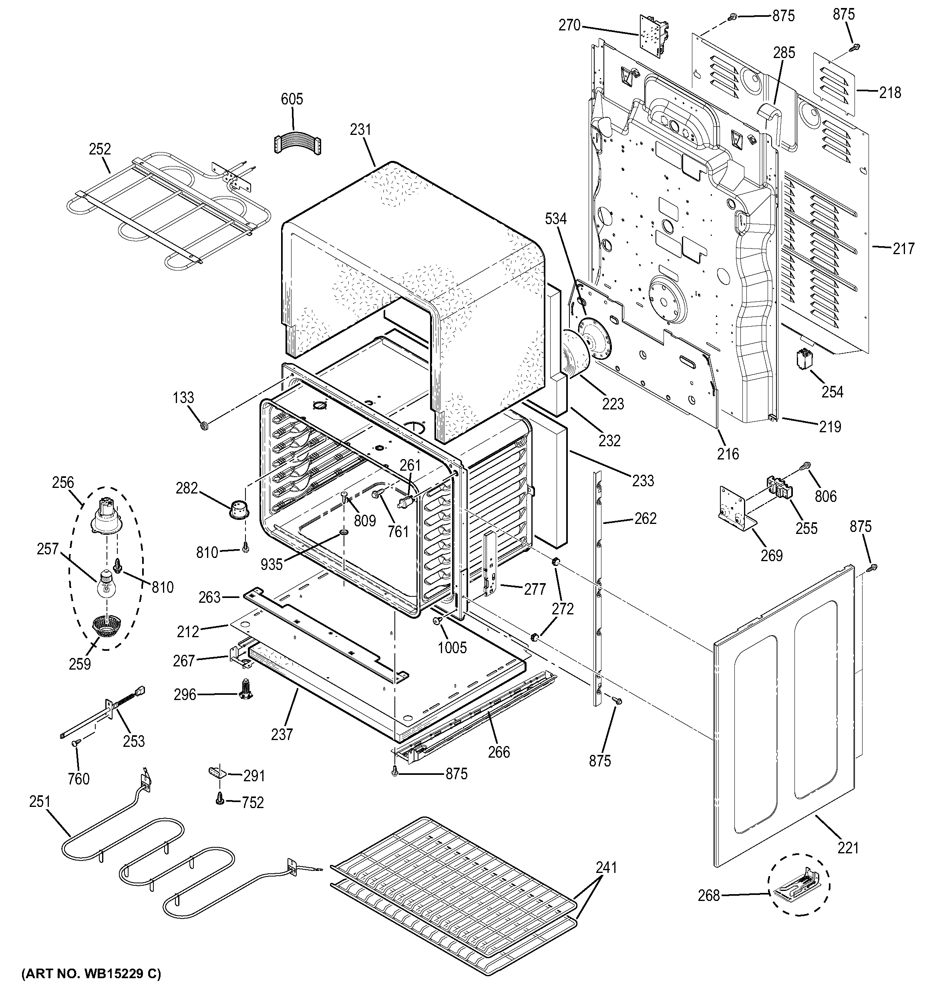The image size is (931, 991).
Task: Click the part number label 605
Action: coord(292,99)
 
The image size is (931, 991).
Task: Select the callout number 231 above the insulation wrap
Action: coord(360,130)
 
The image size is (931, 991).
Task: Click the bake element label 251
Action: coord(40,802)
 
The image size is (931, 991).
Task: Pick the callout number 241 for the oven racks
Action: coord(606,867)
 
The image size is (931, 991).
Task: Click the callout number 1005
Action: coord(452,648)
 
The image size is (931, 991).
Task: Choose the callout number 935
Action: coord(271,564)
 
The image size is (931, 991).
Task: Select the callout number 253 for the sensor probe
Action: coord(134,741)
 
